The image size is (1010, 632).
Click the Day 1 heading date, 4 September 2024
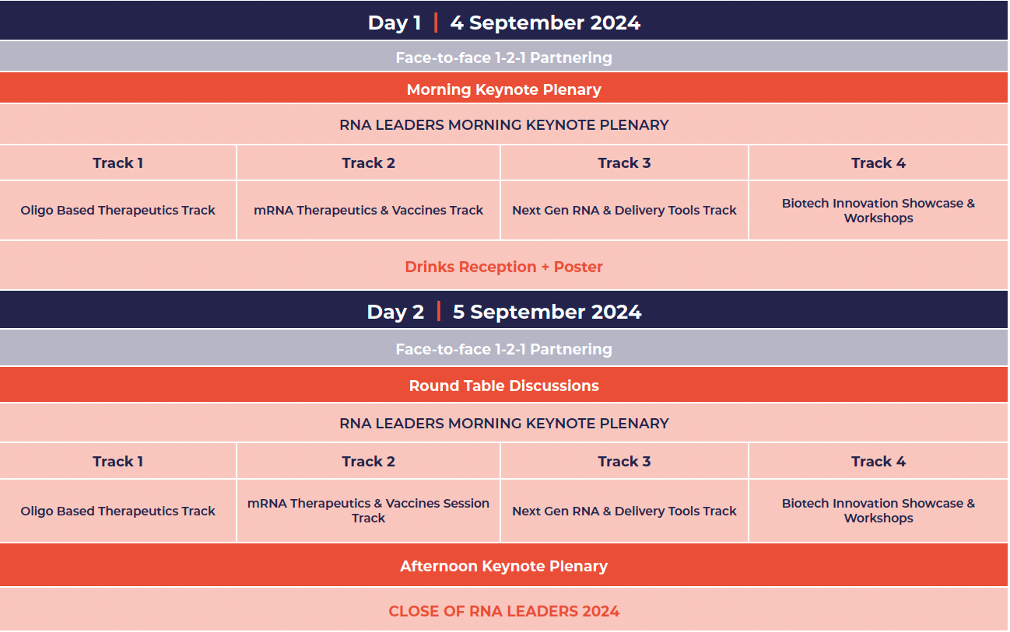tap(545, 23)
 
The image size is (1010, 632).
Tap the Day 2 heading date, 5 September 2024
tap(546, 312)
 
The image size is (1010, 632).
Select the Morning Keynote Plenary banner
tap(504, 89)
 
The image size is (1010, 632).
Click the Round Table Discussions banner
tap(504, 386)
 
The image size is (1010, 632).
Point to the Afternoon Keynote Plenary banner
tap(504, 566)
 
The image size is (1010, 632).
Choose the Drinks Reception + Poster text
tap(504, 267)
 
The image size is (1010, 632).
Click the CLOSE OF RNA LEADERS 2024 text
tap(504, 611)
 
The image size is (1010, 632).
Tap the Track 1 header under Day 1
tap(118, 162)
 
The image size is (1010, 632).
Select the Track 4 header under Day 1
tap(878, 162)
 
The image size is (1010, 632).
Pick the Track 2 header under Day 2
tap(369, 461)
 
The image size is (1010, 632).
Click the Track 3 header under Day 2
tap(624, 461)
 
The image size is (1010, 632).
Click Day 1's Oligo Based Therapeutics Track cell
tap(118, 210)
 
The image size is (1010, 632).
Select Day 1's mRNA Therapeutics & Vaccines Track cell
tap(369, 210)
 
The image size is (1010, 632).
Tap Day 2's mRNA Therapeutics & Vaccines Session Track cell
tap(369, 511)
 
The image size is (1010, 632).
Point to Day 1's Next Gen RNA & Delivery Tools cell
tap(624, 210)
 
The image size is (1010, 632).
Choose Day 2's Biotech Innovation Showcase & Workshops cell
tap(878, 511)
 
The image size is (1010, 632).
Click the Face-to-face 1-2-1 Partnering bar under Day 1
tap(504, 58)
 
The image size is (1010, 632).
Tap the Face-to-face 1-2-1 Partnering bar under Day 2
tap(504, 349)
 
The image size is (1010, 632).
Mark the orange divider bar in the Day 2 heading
tap(439, 312)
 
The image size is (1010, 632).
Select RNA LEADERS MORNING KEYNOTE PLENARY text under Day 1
tap(504, 124)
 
